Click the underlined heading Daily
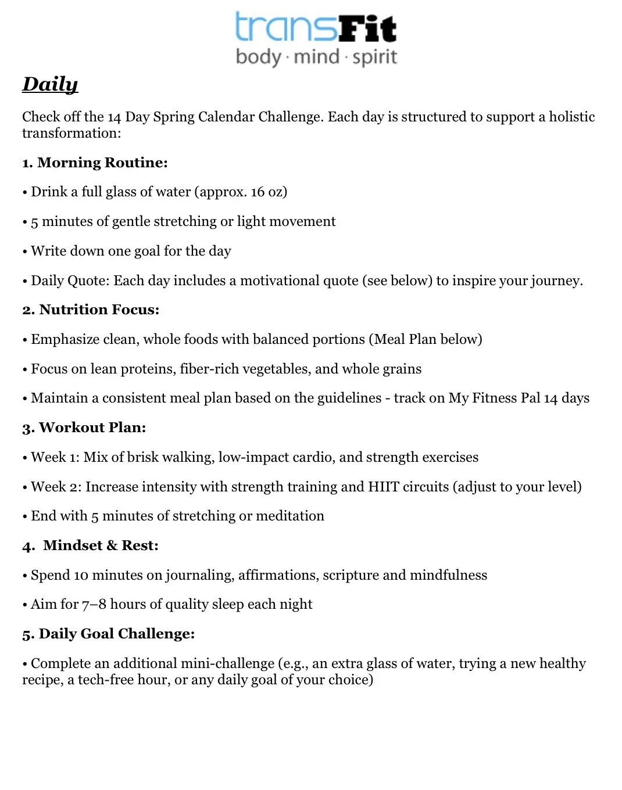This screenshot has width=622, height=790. pyautogui.click(x=50, y=84)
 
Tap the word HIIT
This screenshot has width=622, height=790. pyautogui.click(x=383, y=486)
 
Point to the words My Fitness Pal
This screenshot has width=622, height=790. pyautogui.click(x=494, y=398)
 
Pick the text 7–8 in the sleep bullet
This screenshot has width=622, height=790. pyautogui.click(x=94, y=604)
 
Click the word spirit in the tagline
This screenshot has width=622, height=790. pyautogui.click(x=375, y=58)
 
